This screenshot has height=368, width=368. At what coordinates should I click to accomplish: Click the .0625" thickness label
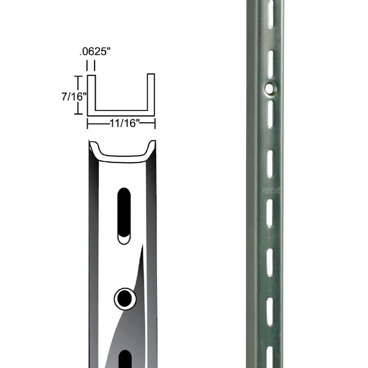click(95, 53)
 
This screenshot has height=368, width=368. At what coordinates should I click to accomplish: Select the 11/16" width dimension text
click(120, 123)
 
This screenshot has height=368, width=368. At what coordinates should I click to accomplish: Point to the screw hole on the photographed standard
click(269, 89)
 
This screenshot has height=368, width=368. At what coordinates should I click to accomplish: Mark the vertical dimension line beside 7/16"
click(77, 95)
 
